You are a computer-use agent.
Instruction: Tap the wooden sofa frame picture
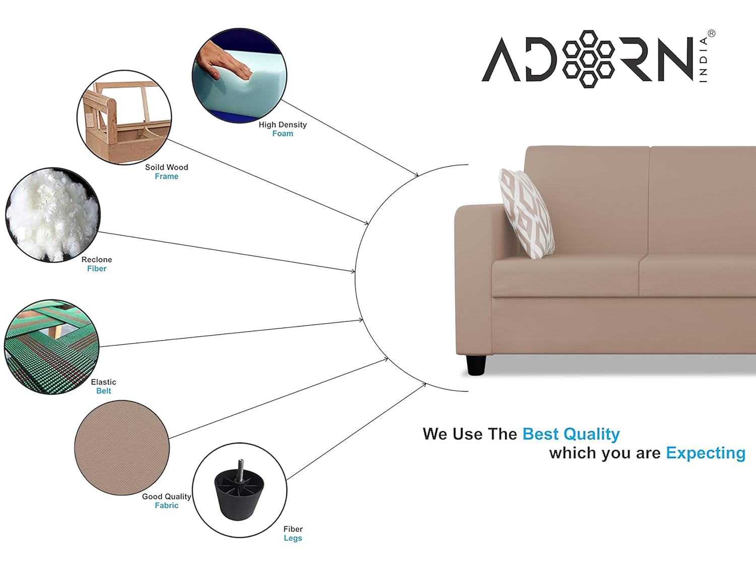[124, 117]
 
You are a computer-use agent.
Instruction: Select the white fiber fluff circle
[53, 215]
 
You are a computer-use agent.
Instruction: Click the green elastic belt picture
[52, 347]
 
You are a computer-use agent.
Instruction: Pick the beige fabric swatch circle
[122, 448]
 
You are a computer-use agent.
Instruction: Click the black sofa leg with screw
[239, 489]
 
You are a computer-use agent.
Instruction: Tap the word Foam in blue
[282, 134]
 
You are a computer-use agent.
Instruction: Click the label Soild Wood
[166, 167]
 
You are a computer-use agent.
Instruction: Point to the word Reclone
[96, 260]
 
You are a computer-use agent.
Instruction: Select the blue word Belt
[103, 391]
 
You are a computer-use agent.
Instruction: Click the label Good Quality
[166, 496]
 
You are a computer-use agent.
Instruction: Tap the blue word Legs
[293, 538]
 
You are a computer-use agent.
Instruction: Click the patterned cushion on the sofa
[526, 214]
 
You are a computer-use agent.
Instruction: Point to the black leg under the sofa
[476, 364]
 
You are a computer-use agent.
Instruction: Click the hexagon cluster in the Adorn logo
[588, 59]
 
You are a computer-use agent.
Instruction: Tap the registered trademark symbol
[711, 33]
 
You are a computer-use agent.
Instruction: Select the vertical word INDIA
[703, 59]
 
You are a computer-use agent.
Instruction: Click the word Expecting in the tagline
[706, 454]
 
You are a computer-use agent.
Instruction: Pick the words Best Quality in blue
[571, 434]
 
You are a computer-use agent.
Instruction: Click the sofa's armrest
[474, 279]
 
